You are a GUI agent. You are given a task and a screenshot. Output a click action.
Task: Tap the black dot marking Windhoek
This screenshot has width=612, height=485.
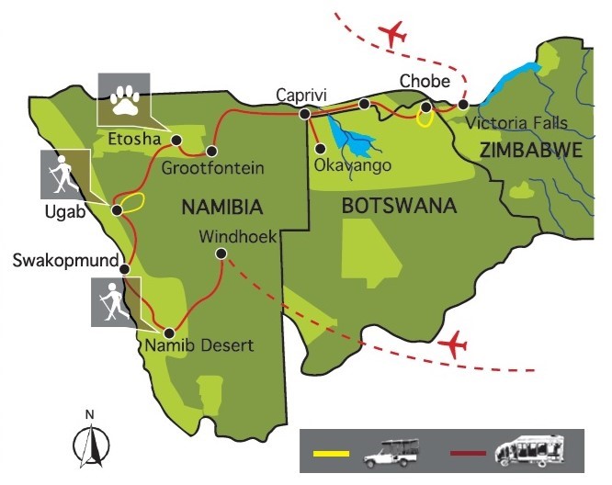[x=221, y=254]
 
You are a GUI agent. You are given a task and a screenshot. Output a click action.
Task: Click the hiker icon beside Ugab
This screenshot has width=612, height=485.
[x=60, y=175]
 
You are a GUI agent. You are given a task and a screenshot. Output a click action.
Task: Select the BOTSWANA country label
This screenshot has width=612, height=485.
[x=399, y=206]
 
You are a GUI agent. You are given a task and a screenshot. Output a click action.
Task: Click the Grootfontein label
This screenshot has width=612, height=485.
[x=212, y=168]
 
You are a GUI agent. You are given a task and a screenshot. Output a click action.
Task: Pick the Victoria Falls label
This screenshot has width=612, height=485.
[x=516, y=122]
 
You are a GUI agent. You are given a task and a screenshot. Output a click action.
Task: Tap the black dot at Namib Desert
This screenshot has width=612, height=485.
[x=169, y=332]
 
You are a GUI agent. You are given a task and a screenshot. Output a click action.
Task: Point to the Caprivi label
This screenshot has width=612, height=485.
[x=302, y=95]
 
